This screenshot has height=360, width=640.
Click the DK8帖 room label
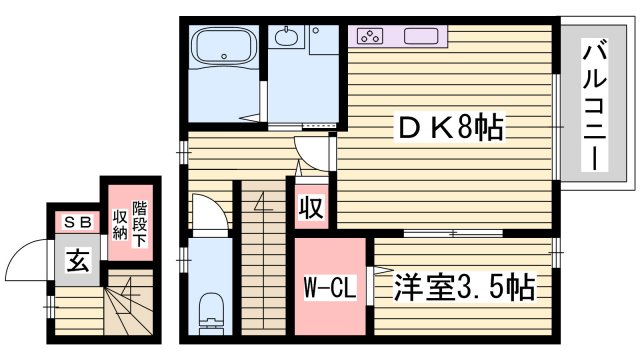(x=450, y=129)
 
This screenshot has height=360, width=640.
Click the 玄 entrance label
(x=76, y=262)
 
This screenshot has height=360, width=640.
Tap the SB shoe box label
(x=77, y=223)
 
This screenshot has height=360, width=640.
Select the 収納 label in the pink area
(x=119, y=221)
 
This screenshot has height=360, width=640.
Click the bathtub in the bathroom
(x=224, y=46)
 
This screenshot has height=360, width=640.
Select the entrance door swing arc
(x=28, y=263)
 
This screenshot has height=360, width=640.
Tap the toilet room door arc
(x=207, y=212)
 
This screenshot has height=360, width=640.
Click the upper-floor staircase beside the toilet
(x=263, y=260)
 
